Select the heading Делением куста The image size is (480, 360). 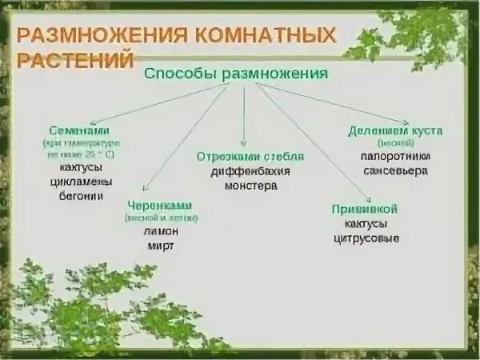395,130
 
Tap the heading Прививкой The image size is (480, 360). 365,209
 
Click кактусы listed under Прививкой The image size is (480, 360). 366,223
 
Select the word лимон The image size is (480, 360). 161,231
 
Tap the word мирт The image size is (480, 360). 161,246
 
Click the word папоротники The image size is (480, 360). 395,157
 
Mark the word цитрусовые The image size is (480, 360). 366,238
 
